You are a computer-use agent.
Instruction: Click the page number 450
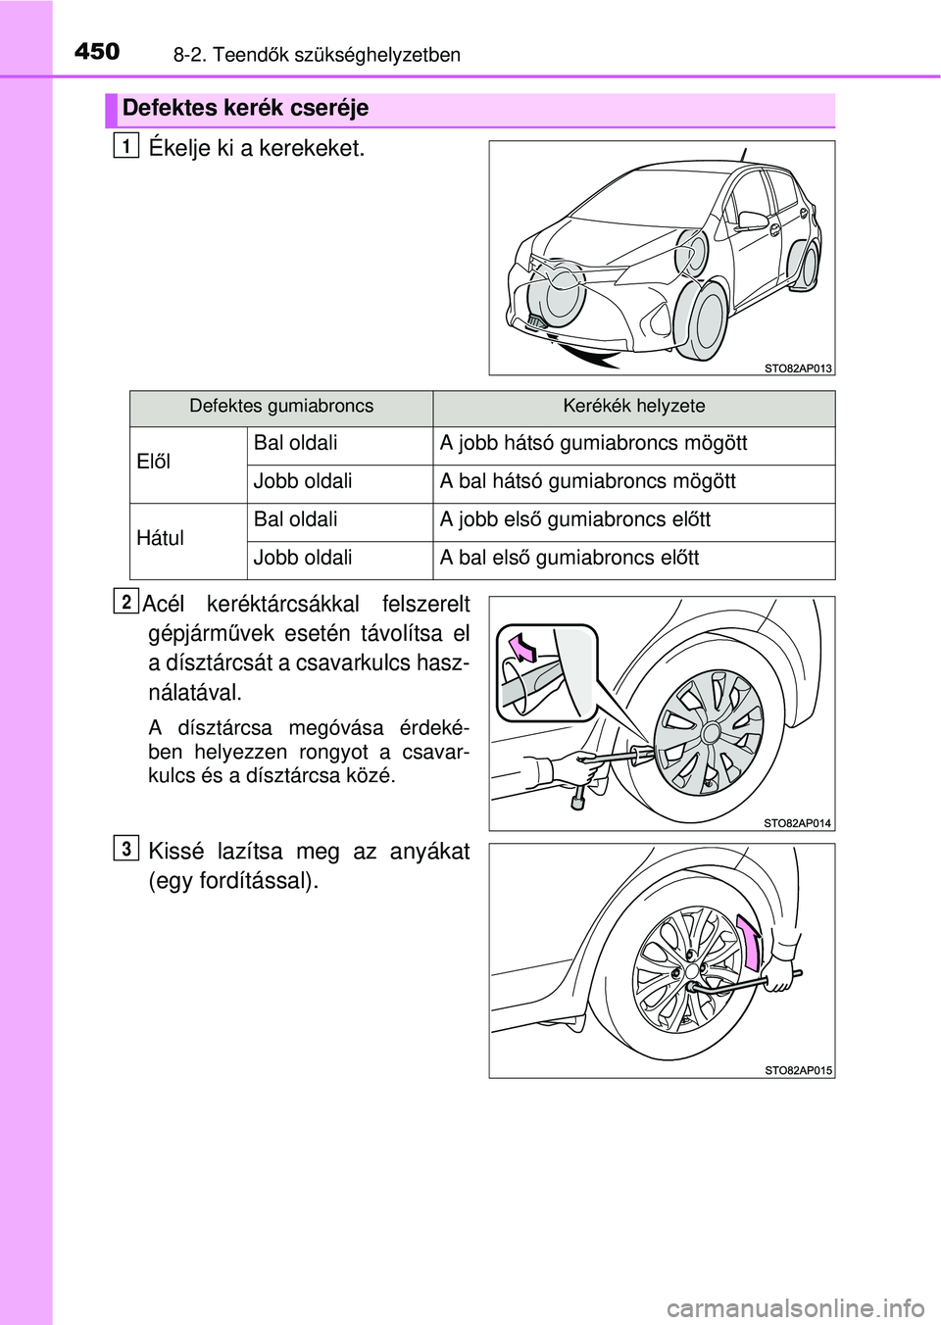(97, 51)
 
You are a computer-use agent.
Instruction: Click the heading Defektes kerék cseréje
(245, 108)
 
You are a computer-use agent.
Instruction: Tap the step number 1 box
(124, 146)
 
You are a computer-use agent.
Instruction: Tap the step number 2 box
(124, 600)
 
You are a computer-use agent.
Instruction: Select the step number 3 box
(125, 847)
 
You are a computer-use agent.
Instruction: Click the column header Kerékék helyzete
(633, 406)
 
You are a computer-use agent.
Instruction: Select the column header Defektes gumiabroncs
(281, 406)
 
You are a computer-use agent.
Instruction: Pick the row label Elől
(154, 462)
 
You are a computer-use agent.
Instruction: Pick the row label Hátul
(160, 538)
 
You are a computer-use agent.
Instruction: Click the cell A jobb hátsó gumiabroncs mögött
(593, 443)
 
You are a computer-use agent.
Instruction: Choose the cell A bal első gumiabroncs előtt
(570, 558)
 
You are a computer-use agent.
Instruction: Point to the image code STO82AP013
(798, 368)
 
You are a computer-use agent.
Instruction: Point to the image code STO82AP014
(797, 823)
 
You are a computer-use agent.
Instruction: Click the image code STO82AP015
(798, 1070)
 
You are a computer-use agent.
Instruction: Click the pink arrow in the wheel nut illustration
(750, 941)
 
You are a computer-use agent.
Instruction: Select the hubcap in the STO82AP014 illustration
(708, 731)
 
